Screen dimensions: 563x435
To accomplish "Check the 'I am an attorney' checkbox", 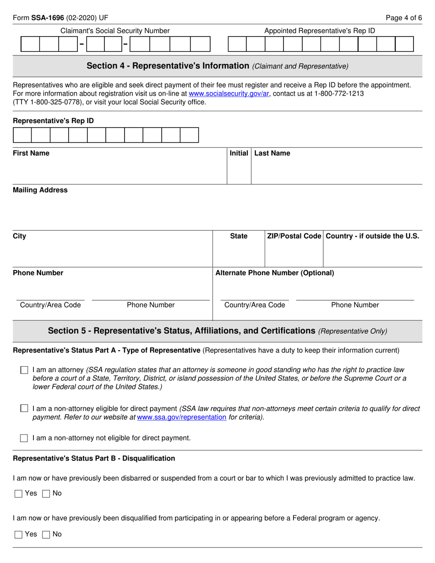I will coord(24,369).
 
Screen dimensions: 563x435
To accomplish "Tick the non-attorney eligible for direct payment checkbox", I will coord(24,408).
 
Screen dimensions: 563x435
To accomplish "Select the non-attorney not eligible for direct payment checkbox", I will coord(24,438).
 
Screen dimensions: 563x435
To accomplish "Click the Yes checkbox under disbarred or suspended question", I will coord(18,493).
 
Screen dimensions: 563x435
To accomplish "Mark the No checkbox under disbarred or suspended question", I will coord(46,493).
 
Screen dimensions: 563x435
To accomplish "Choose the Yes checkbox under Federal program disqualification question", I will coord(18,534).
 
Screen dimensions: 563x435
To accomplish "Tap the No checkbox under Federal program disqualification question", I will coord(46,534).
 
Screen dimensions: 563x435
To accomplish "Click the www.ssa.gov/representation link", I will coord(182,417).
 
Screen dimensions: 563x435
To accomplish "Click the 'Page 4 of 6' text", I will coord(404,18).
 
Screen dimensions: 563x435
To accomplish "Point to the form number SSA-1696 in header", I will coord(48,18).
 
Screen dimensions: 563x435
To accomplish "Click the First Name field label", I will coord(31,153).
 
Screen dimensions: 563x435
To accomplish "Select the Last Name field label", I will coord(272,153).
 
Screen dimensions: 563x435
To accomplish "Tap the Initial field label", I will coord(239,153).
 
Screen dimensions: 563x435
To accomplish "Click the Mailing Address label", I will coord(40,190).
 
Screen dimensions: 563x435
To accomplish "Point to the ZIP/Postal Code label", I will coord(294,236).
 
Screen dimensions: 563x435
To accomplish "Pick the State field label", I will coord(239,236).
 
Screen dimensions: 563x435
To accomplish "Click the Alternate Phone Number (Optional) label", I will coord(275,273).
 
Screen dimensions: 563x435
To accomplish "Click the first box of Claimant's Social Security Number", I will coord(30,44).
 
